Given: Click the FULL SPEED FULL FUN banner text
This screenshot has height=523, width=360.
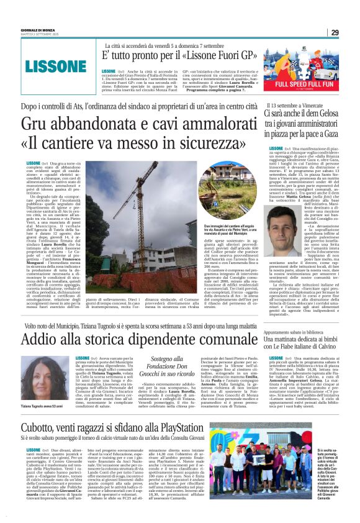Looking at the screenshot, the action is coord(305,83).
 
